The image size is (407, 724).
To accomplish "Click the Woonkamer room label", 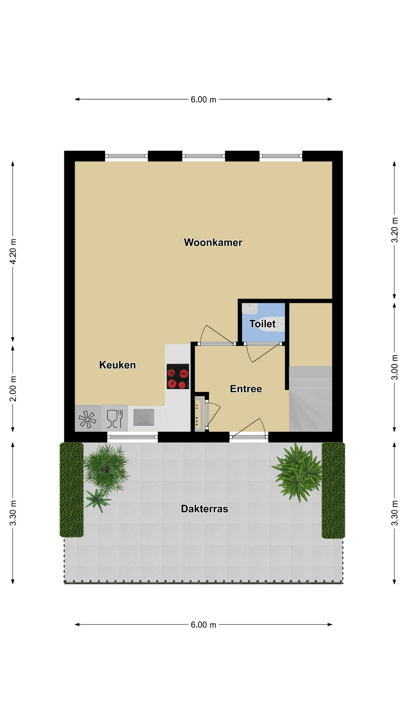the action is click(213, 242).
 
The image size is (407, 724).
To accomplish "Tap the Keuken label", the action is click(117, 365).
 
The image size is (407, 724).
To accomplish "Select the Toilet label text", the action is click(262, 324).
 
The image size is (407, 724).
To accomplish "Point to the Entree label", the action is click(246, 389).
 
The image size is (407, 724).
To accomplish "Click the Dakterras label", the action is click(204, 509).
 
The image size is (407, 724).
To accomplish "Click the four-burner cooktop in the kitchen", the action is click(178, 376).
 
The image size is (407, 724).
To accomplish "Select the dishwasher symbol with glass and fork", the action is click(115, 418).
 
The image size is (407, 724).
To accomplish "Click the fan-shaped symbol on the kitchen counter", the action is click(87, 419).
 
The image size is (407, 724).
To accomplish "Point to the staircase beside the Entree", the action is click(311, 399).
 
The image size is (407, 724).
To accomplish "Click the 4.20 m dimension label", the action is click(13, 252).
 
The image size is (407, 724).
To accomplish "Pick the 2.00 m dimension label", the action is click(13, 389).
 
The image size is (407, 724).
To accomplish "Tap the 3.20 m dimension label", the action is click(395, 230).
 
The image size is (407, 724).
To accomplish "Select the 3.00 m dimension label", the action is click(395, 367).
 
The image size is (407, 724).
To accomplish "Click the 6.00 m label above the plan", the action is click(203, 100).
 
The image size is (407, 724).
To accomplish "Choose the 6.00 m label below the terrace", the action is click(203, 625).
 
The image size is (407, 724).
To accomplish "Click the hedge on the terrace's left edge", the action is click(72, 490).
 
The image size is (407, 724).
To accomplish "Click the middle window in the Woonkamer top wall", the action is click(203, 156).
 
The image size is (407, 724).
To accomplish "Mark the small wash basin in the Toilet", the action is click(249, 309).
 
